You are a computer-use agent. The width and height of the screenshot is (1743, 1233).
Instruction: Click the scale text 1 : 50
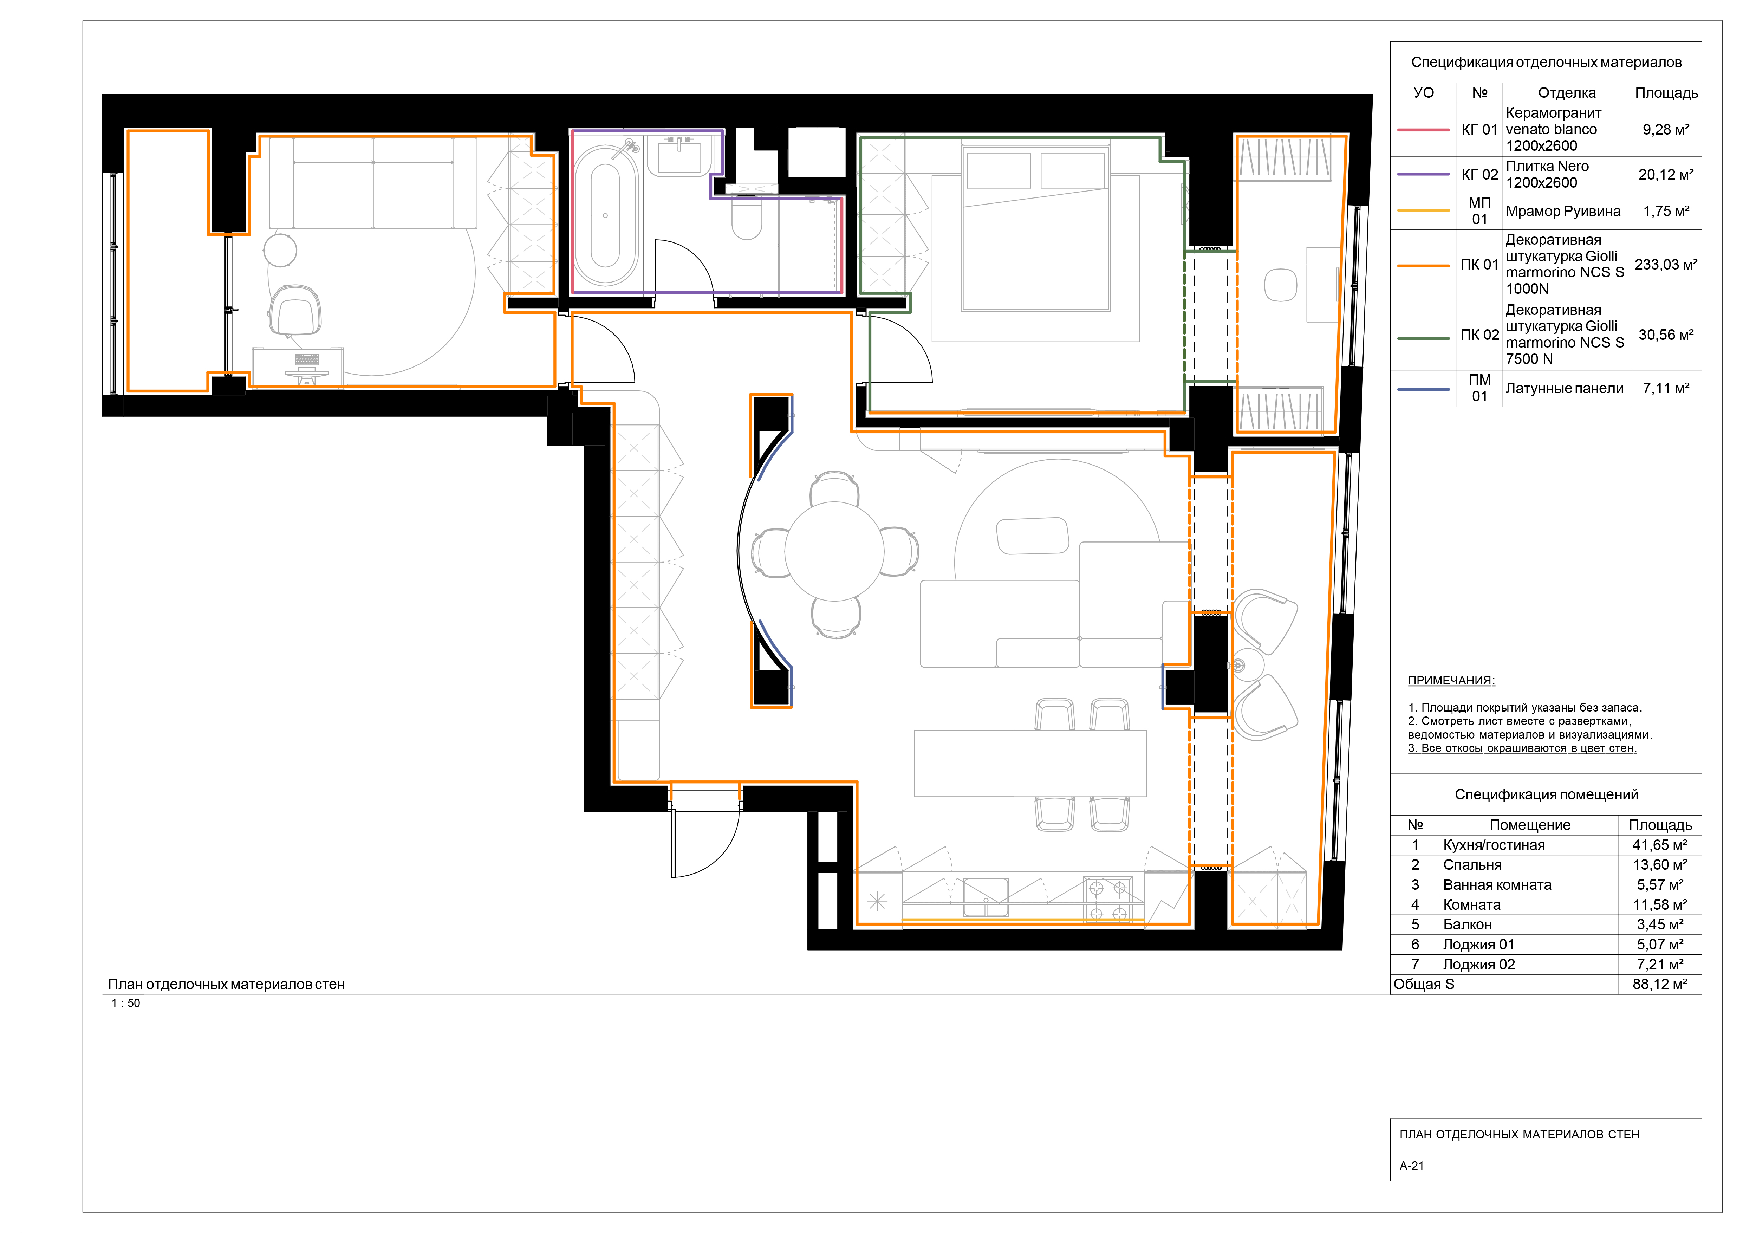coord(126,1003)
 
